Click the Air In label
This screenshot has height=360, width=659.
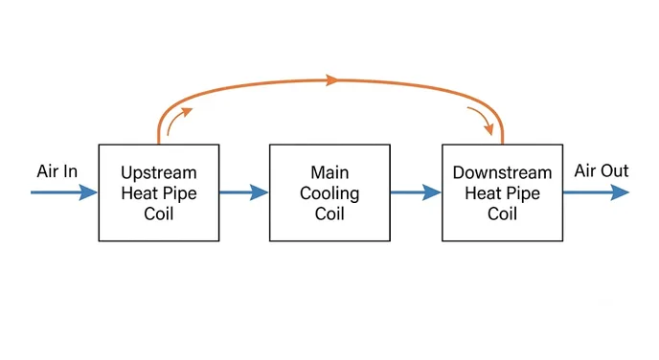click(57, 171)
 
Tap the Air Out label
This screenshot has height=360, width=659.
click(602, 170)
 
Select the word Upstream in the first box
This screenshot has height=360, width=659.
click(159, 173)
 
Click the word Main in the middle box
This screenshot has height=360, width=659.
click(329, 172)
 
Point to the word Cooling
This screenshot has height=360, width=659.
click(329, 193)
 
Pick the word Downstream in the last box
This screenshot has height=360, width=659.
click(502, 172)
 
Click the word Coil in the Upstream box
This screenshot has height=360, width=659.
click(158, 214)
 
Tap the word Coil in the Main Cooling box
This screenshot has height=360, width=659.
click(329, 214)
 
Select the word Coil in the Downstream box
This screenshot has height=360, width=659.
click(502, 214)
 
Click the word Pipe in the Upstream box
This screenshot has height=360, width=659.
click(179, 193)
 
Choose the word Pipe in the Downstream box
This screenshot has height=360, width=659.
click(523, 193)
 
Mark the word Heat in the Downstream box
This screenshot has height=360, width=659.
click(483, 193)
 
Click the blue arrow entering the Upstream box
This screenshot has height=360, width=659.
click(64, 192)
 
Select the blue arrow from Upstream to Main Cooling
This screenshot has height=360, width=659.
click(243, 192)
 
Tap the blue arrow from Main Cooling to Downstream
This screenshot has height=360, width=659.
click(416, 192)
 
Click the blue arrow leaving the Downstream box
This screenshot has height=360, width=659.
click(596, 192)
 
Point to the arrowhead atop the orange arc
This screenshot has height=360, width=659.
click(332, 79)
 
